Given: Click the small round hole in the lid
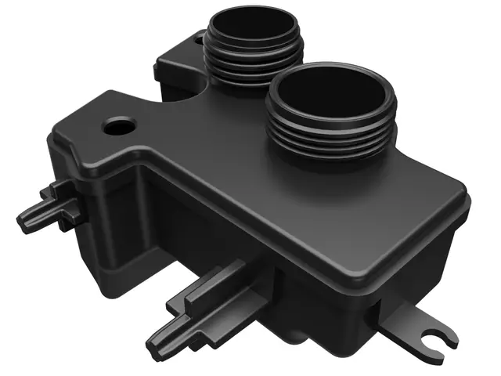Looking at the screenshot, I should click(120, 125).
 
